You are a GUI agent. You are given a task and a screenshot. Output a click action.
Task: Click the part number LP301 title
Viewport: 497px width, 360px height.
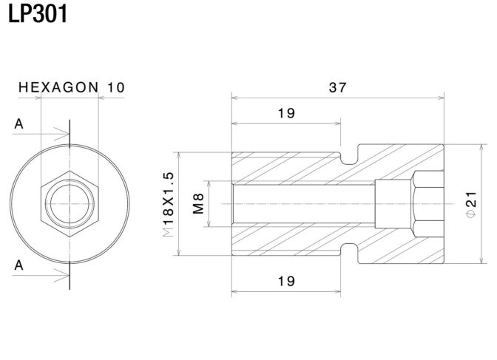[x=38, y=13]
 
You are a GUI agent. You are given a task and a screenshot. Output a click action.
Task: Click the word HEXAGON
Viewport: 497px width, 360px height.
[x=58, y=87]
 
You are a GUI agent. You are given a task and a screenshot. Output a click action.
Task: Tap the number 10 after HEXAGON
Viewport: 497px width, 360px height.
[x=116, y=87]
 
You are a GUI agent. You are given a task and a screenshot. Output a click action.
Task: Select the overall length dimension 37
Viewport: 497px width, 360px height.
[x=337, y=87]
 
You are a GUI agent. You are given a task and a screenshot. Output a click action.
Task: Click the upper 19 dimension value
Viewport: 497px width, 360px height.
[x=286, y=113]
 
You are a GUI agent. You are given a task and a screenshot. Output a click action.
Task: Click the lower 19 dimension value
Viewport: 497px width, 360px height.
[x=286, y=281]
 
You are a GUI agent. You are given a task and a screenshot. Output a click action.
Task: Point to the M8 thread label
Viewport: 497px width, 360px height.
[x=198, y=204]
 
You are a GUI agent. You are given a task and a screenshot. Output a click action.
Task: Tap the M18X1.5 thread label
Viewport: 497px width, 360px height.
[x=168, y=205]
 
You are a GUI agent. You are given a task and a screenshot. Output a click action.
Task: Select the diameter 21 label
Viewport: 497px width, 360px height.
[x=471, y=204]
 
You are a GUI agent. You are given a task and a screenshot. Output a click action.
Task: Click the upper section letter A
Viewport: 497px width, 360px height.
[x=18, y=124]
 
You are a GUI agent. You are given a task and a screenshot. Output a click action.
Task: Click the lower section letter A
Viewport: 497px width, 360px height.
[x=18, y=265]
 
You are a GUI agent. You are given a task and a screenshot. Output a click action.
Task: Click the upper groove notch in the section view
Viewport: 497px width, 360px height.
[x=349, y=157]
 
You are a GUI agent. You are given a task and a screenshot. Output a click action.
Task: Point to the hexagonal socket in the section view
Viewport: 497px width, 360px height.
[x=427, y=204]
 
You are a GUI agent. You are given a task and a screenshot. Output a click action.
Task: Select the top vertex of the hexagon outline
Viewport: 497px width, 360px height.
[x=70, y=171]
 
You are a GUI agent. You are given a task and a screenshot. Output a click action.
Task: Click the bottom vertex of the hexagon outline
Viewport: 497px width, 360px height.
[x=70, y=237]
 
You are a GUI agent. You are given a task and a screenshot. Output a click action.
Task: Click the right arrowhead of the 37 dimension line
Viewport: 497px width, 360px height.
[x=441, y=98]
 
